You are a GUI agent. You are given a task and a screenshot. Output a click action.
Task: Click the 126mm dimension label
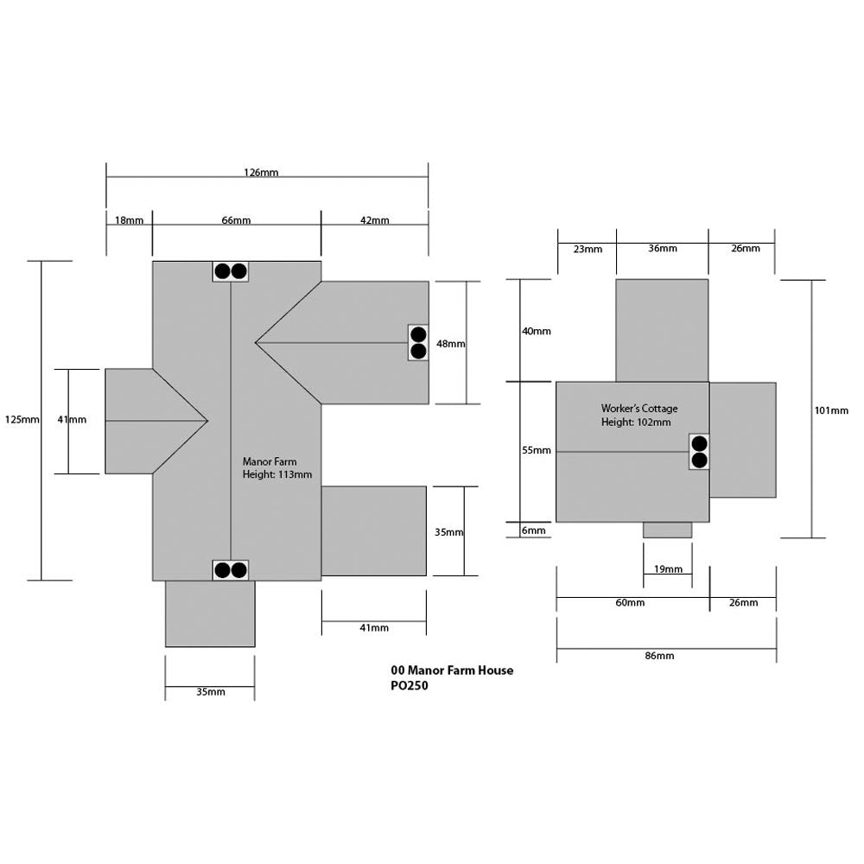tap(261, 173)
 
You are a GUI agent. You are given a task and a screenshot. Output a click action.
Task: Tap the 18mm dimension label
tap(129, 220)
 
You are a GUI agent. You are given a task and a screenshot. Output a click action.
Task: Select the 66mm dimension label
tap(236, 220)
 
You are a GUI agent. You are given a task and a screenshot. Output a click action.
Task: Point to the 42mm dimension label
tap(374, 220)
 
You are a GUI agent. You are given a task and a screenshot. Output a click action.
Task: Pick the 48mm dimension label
tap(450, 343)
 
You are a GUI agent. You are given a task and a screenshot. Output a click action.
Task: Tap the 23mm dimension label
tap(588, 249)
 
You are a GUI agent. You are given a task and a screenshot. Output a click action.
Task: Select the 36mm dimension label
tap(663, 248)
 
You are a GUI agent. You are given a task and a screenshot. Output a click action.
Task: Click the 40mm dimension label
tap(536, 331)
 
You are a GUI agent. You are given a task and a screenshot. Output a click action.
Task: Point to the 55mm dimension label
tap(536, 450)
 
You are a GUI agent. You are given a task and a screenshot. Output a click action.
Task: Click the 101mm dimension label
tap(831, 410)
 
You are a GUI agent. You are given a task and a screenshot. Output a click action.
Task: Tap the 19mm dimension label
tap(668, 569)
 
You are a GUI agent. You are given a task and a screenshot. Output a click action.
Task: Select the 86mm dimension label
tap(659, 656)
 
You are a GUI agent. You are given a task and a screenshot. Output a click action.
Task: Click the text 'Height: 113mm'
tap(277, 474)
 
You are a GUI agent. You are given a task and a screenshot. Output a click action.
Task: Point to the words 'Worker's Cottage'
tap(639, 408)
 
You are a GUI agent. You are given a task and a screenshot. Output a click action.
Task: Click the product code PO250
tap(410, 687)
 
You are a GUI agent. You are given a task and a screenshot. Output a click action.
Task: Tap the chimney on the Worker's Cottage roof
tap(699, 452)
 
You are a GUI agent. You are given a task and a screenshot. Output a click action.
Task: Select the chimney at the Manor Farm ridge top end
tap(231, 271)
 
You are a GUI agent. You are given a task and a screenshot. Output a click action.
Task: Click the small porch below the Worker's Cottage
tap(668, 530)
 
